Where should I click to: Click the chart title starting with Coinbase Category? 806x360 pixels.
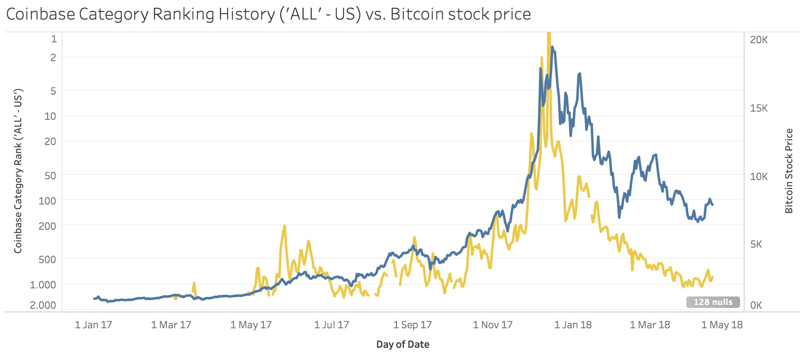coord(268,14)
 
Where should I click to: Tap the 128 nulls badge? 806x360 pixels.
coord(713,302)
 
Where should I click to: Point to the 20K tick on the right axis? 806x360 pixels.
coord(759,40)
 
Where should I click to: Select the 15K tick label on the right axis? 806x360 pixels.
coord(759,108)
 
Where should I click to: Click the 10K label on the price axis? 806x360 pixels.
coord(759,176)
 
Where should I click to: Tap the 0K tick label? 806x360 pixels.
coord(756,305)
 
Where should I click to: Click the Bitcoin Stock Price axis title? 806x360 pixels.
coord(789,171)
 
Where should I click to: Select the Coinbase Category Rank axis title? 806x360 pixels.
coord(18,171)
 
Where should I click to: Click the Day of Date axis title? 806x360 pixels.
coord(403,345)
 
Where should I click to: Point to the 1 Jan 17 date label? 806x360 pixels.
coord(93,325)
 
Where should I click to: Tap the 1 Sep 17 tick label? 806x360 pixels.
coord(412,325)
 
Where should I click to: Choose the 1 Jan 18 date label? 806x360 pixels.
coord(573,325)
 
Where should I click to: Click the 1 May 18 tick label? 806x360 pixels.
coord(722,325)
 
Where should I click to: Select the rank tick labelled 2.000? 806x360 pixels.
coord(43,305)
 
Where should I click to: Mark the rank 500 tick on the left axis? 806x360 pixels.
coord(47,259)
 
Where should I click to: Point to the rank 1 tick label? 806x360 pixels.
coord(54,39)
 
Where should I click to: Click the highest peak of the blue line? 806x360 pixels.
coord(552,47)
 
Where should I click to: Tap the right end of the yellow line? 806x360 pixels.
coord(712,277)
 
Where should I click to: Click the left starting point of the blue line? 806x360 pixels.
coord(94,299)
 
